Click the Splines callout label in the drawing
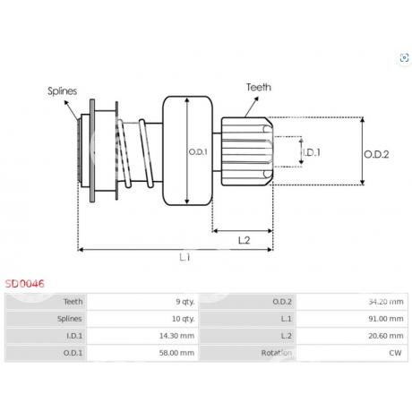pyautogui.click(x=62, y=91)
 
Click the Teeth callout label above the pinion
pyautogui.click(x=259, y=87)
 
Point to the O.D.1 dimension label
pyautogui.click(x=198, y=152)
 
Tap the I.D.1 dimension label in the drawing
pyautogui.click(x=312, y=152)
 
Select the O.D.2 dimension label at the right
pyautogui.click(x=376, y=154)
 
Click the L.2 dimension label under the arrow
pyautogui.click(x=244, y=240)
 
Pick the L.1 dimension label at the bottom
pyautogui.click(x=185, y=257)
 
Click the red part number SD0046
pyautogui.click(x=25, y=283)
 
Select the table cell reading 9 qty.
pyautogui.click(x=142, y=302)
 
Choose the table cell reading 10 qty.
pyautogui.click(x=142, y=319)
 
